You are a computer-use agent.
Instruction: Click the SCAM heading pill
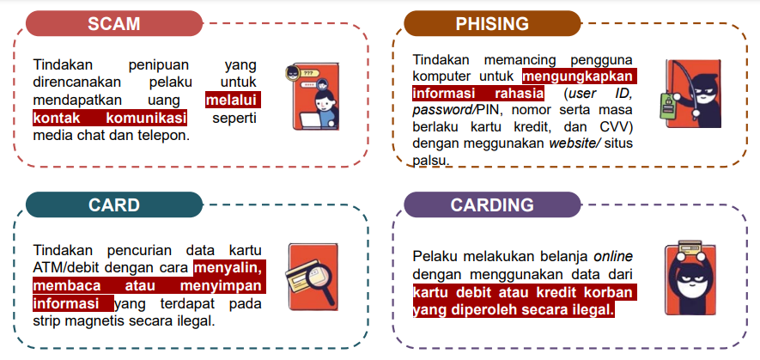click(x=114, y=23)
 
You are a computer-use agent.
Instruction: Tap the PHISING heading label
click(x=492, y=23)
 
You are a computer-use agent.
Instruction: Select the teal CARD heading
click(x=114, y=204)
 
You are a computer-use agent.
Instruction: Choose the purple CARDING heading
click(x=492, y=204)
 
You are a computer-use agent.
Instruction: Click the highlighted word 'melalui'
click(x=231, y=100)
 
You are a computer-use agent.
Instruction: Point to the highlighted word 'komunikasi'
click(x=146, y=118)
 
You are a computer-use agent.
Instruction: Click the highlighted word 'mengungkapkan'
click(x=578, y=76)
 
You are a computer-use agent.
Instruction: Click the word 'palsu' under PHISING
click(x=429, y=160)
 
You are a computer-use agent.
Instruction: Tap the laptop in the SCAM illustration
click(x=313, y=120)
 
